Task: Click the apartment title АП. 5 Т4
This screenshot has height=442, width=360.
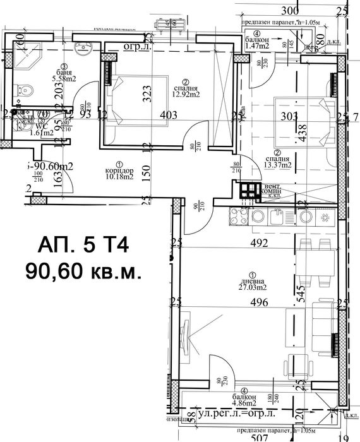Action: pyautogui.click(x=83, y=244)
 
